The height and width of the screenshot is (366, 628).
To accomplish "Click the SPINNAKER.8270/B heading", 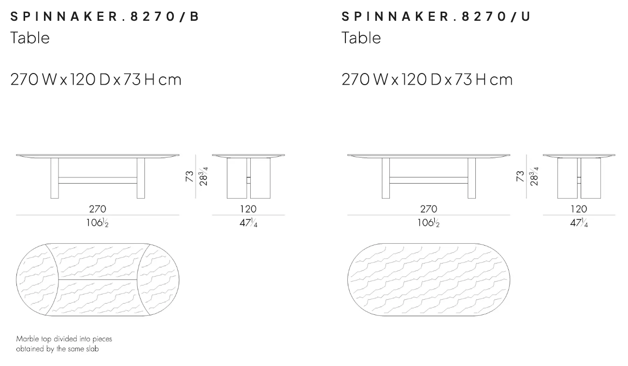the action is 105,16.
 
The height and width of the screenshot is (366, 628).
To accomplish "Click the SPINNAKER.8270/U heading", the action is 436,16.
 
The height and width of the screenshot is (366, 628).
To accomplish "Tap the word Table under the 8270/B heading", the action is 30,38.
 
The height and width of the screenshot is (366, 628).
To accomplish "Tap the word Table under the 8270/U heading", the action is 361,38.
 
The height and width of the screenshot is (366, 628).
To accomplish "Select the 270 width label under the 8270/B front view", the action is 98,209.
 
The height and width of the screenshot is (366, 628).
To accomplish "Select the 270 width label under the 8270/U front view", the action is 428,209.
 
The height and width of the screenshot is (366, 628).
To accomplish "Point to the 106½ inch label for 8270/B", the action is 97,223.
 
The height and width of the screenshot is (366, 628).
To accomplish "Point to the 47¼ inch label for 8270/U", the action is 579,223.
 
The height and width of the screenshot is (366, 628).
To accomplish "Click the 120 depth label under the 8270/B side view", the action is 248,209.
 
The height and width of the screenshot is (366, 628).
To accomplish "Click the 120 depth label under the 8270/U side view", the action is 579,209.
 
